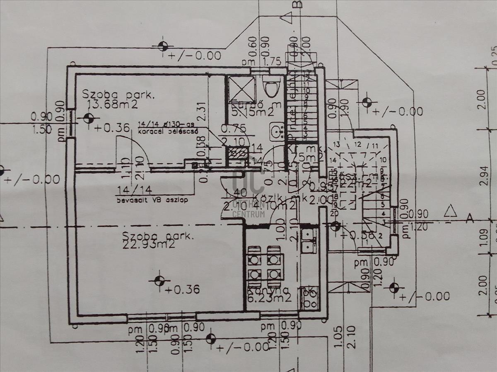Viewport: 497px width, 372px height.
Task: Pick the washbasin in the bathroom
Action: click(x=277, y=131)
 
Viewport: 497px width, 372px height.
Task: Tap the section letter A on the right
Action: click(x=470, y=219)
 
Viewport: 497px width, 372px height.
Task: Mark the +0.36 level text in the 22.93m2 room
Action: click(x=181, y=289)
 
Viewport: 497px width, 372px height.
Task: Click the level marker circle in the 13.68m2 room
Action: click(x=88, y=118)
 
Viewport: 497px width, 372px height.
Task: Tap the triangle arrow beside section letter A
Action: click(x=450, y=212)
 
